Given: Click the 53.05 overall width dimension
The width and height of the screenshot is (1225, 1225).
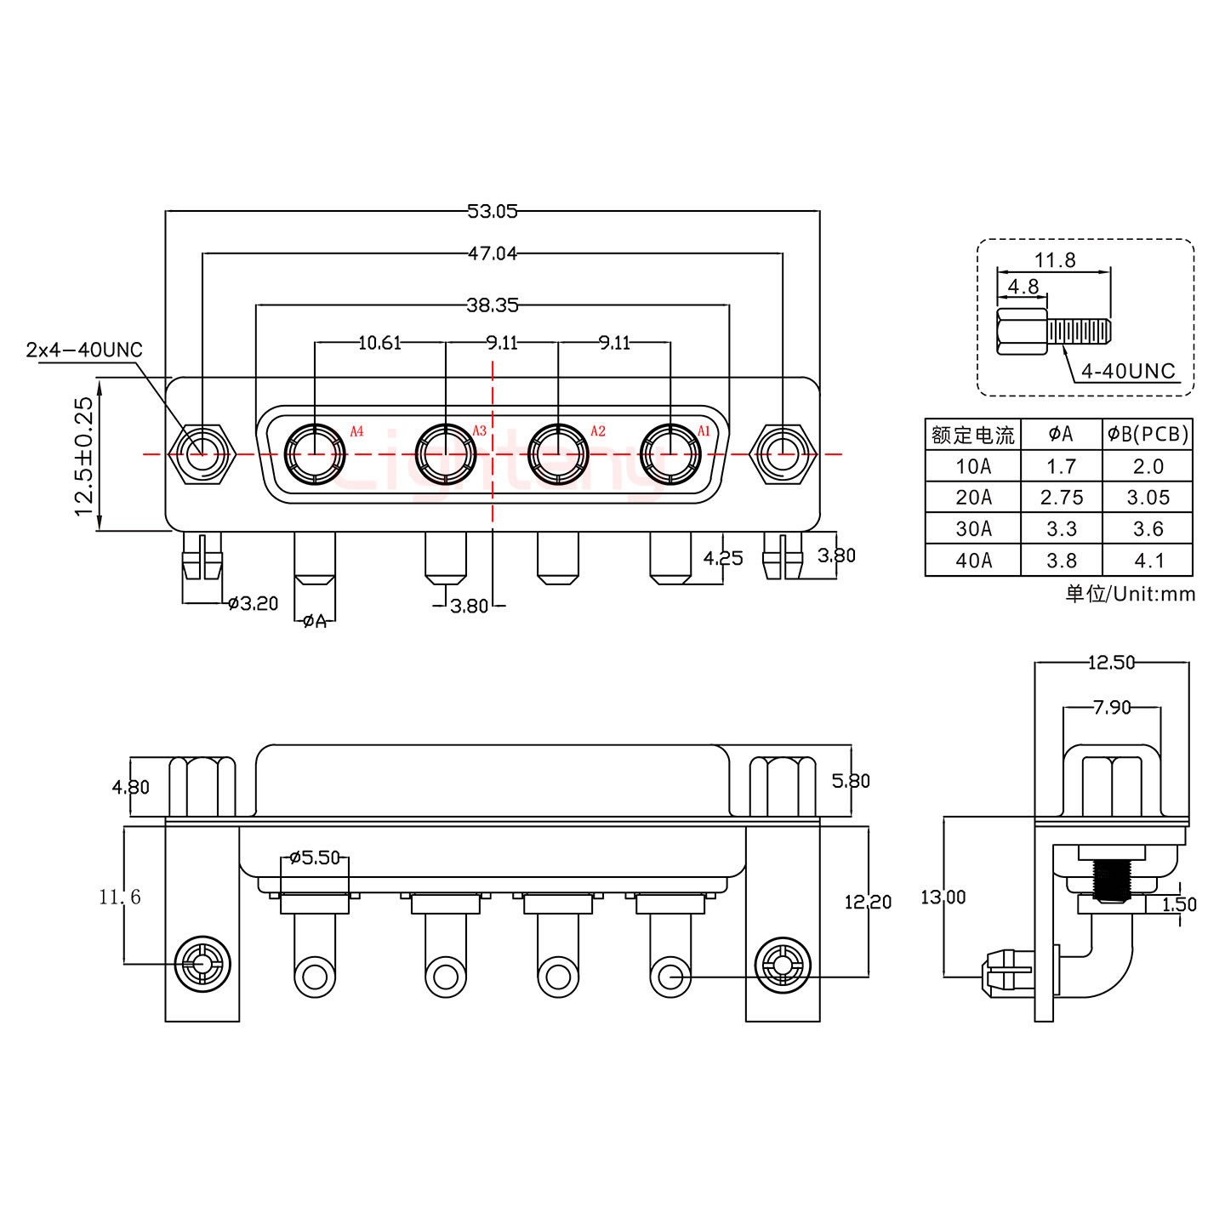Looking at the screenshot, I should coord(492,211).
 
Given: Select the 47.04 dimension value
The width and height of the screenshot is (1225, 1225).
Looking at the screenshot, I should coord(492,253).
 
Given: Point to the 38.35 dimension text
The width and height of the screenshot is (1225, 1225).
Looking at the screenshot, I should coord(492,304).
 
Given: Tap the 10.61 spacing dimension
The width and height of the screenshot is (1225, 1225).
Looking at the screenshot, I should coord(379,343).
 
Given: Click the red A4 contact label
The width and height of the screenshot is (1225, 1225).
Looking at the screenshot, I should coord(356,431).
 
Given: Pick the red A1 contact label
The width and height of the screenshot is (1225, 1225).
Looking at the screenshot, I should coord(704,430).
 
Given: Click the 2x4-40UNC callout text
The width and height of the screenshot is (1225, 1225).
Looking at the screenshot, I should coord(84,350).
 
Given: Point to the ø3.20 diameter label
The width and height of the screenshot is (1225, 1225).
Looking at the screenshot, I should coord(253,604).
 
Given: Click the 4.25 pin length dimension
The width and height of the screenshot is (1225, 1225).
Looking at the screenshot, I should coord(723,558).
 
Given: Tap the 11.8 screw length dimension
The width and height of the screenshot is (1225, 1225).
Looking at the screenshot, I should coord(1055,260).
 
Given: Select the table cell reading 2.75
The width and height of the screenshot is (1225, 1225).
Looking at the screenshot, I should coord(1061,498).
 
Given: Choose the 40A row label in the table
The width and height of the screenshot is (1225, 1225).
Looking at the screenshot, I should coord(973,561).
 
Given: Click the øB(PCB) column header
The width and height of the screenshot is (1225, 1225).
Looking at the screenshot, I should coord(1147,435).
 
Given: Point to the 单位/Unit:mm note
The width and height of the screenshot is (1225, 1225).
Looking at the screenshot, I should coord(1130,594).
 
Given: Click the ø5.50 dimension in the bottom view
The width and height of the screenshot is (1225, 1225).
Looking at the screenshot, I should coord(315,857).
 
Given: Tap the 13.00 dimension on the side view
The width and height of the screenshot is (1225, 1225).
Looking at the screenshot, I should coord(943,897).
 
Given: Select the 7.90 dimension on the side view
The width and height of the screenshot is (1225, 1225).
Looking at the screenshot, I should coord(1111,707).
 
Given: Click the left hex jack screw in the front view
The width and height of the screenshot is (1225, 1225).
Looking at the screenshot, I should coord(202,453).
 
